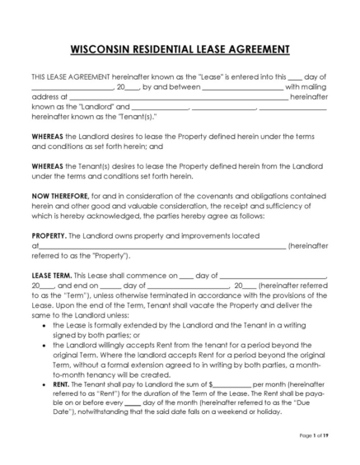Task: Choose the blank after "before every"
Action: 133,403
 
